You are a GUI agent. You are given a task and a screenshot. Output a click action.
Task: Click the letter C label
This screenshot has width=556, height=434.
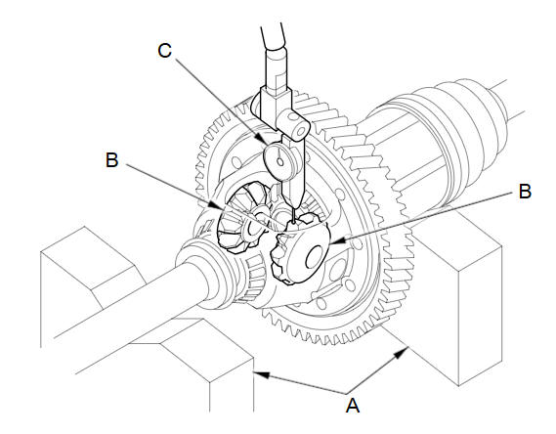pyautogui.click(x=165, y=51)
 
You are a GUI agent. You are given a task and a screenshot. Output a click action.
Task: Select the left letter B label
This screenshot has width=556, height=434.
pyautogui.click(x=112, y=160)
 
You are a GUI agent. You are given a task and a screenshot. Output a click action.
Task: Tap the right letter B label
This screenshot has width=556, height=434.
pyautogui.click(x=525, y=192)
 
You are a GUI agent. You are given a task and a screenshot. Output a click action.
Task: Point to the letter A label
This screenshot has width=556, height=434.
pyautogui.click(x=353, y=406)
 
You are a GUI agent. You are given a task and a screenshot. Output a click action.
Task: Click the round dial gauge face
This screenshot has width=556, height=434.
pyautogui.click(x=280, y=160)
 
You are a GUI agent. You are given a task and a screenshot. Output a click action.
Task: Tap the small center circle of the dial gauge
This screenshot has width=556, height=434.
pyautogui.click(x=280, y=161)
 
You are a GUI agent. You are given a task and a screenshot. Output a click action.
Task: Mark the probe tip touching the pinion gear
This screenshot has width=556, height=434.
pyautogui.click(x=294, y=222)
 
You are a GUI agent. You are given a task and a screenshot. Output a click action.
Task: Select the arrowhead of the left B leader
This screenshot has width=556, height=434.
pyautogui.click(x=217, y=205)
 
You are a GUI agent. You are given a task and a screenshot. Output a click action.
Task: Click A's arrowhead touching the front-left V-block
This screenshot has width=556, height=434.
pyautogui.click(x=262, y=374)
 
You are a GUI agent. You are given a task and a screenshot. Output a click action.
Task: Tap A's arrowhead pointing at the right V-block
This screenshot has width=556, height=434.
pyautogui.click(x=402, y=353)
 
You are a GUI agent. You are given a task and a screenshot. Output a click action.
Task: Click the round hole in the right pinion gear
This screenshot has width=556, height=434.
pyautogui.click(x=315, y=257)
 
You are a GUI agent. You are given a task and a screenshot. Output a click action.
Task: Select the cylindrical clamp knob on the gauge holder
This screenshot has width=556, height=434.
pyautogui.click(x=293, y=126)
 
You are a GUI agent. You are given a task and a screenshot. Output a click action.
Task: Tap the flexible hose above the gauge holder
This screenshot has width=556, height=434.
pyautogui.click(x=273, y=36)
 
